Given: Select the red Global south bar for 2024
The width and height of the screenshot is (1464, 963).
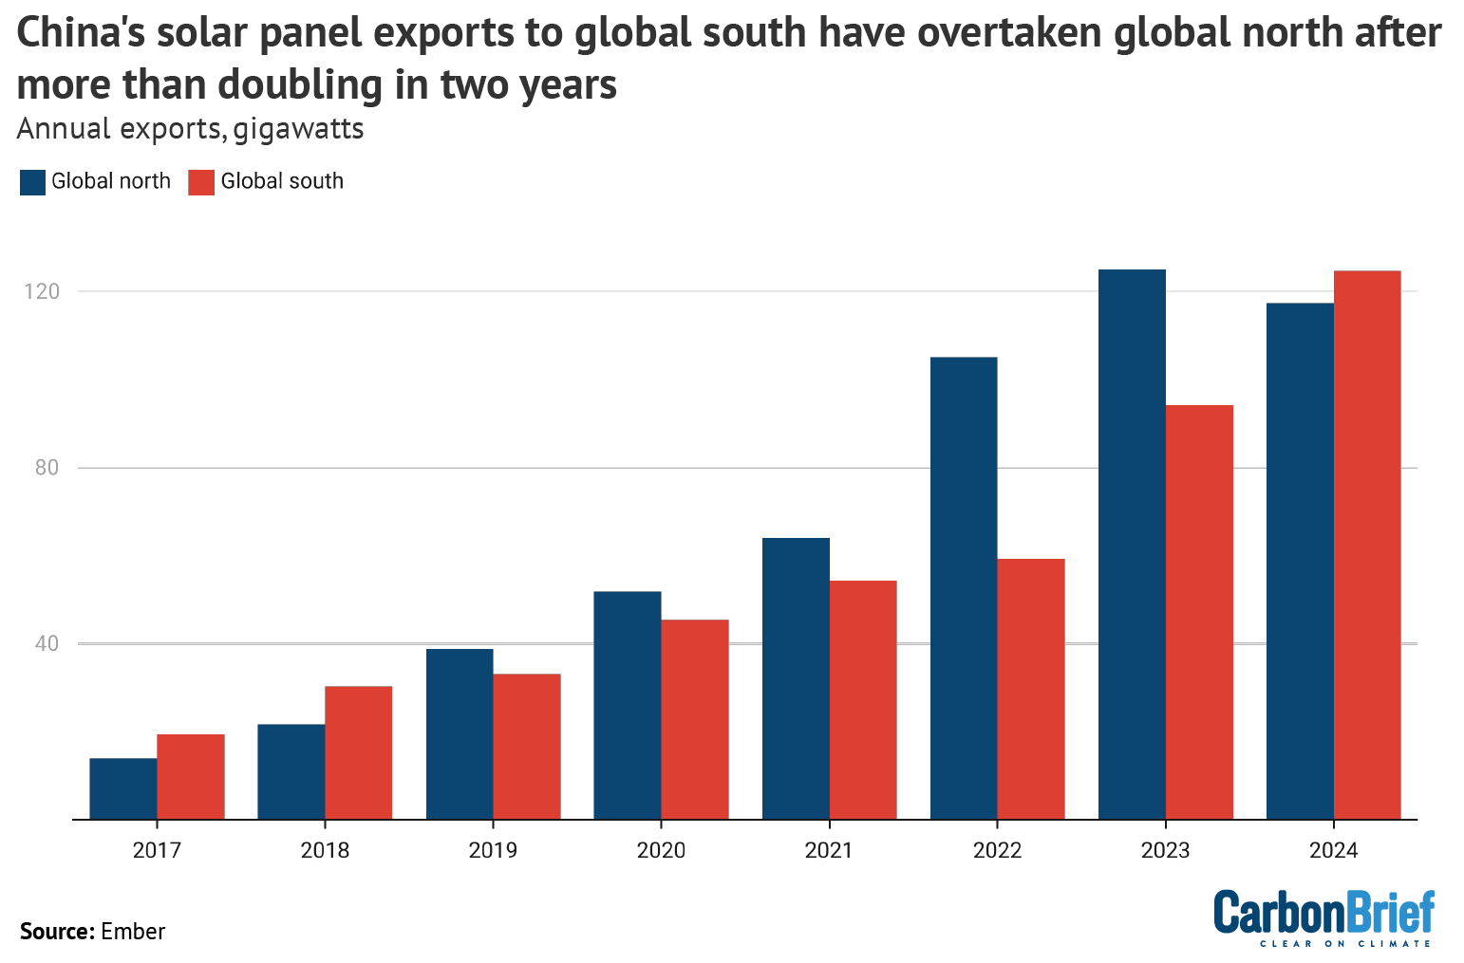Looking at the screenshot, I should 1367,545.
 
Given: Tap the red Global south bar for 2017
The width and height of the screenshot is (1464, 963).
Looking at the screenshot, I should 191,776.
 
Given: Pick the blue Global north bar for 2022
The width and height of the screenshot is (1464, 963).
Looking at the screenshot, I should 964,588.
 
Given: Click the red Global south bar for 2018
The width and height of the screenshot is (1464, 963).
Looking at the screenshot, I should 359,752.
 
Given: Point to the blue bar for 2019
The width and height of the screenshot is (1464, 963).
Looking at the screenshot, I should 460,733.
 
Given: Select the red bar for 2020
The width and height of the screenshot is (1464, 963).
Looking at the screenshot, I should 695,719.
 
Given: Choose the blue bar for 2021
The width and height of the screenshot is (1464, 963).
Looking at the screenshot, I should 796,678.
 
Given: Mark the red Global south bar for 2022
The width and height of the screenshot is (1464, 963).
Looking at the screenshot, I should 1031,689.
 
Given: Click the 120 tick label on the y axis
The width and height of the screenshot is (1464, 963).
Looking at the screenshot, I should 42,291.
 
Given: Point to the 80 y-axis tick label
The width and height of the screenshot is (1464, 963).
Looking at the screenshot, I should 47,468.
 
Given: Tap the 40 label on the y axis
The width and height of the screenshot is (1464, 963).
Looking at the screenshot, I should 47,643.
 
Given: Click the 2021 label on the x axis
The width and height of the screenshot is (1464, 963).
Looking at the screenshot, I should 829,850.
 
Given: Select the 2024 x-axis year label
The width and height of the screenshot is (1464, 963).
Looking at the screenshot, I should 1333,850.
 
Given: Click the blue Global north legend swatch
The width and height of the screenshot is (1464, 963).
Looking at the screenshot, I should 32,182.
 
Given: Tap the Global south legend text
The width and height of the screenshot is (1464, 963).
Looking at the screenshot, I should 282,181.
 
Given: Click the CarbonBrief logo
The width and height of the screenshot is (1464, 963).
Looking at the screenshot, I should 1323,917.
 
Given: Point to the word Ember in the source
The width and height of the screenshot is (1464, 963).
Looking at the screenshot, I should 133,932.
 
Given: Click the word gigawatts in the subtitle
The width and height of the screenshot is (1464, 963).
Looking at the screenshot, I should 298,128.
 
